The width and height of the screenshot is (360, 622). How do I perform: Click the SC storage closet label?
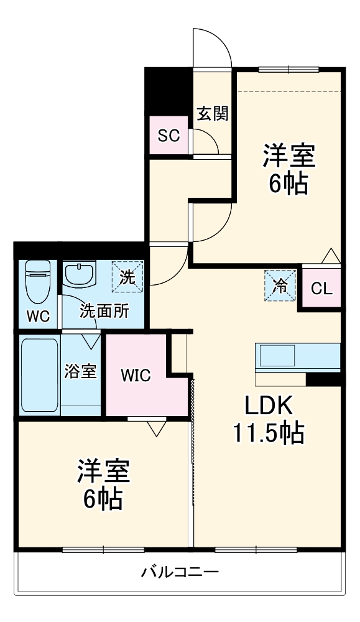click(168, 135)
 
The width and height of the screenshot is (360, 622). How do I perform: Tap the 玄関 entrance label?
click(213, 113)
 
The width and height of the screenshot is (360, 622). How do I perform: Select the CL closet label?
click(321, 288)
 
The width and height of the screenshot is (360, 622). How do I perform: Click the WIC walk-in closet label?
click(135, 375)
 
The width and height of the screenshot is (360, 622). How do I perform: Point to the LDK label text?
click(267, 406)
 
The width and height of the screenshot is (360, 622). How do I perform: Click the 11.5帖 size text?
click(268, 433)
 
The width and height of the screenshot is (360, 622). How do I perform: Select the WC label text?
click(37, 315)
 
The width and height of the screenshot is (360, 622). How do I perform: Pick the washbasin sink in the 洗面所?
click(78, 274)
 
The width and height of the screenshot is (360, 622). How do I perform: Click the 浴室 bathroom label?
click(81, 371)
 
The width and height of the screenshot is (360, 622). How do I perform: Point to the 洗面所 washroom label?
click(104, 310)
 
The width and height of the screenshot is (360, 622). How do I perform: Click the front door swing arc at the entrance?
click(212, 47)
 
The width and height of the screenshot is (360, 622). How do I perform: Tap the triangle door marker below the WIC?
click(156, 427)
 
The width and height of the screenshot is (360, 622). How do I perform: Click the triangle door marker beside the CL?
click(330, 256)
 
